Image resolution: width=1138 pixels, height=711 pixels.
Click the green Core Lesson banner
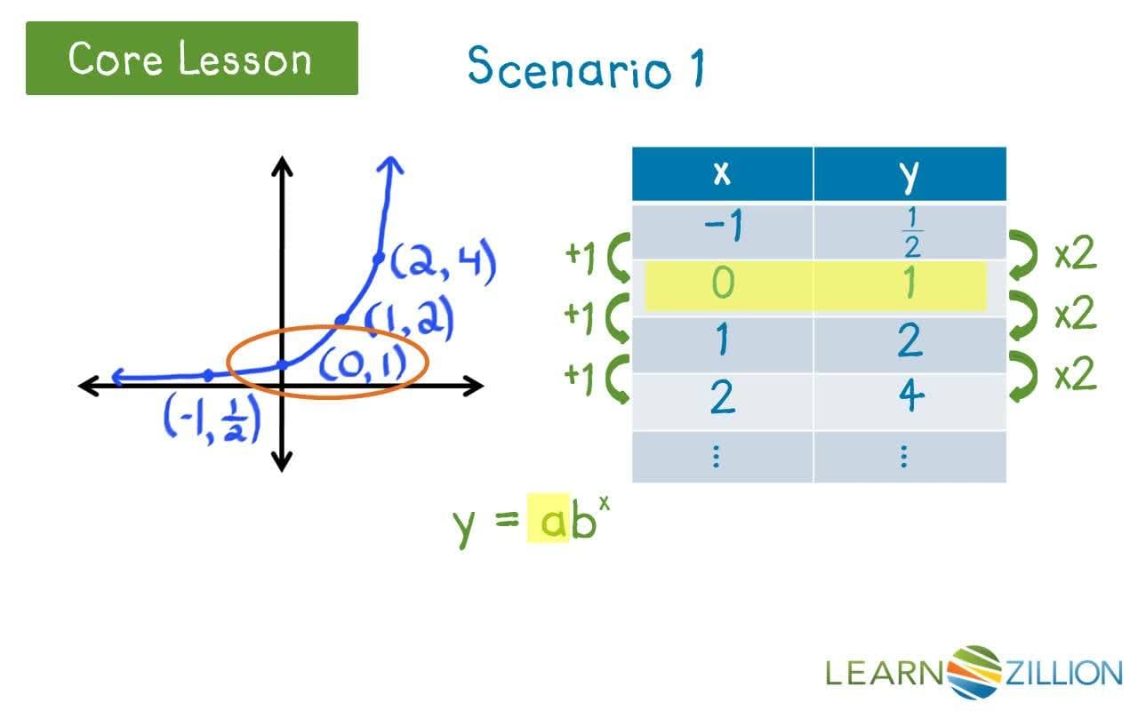click(x=191, y=59)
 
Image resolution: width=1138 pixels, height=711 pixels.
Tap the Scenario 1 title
click(x=585, y=67)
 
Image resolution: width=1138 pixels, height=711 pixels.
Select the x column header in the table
click(x=722, y=173)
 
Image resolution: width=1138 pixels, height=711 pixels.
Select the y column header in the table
click(x=909, y=174)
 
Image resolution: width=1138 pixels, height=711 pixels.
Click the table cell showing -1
click(x=722, y=229)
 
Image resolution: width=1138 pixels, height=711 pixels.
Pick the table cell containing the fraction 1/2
click(x=910, y=231)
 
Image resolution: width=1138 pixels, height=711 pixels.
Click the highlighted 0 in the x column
click(x=723, y=284)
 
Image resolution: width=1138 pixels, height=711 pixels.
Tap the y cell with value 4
click(x=909, y=397)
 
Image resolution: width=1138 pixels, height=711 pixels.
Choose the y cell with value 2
click(x=909, y=341)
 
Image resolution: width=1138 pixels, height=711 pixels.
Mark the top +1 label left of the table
click(x=580, y=255)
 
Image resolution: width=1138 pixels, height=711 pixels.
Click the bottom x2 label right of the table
click(x=1075, y=376)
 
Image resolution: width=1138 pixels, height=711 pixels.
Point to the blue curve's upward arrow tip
click(x=390, y=163)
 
